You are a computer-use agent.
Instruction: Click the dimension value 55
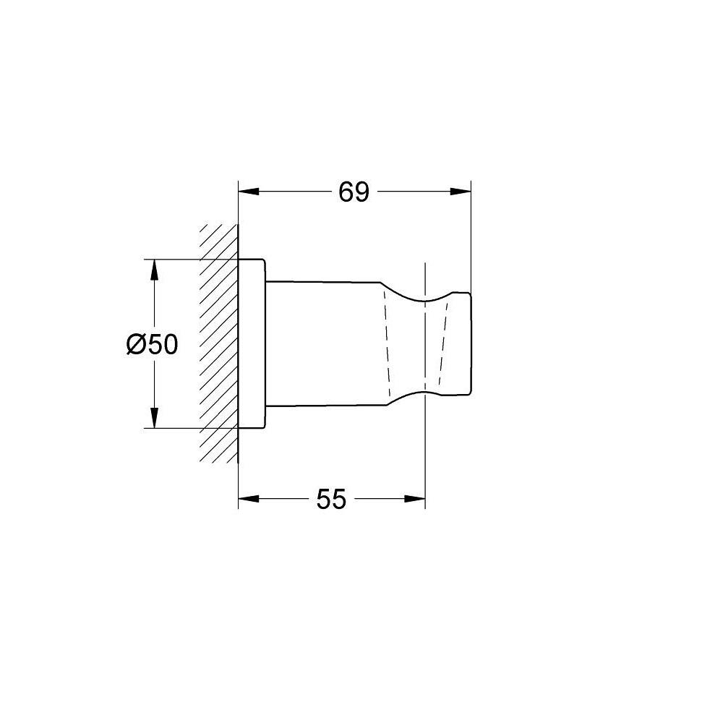331,499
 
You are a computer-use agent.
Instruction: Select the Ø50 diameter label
152,344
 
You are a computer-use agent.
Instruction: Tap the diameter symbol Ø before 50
137,344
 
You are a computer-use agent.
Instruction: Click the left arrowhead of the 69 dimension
249,192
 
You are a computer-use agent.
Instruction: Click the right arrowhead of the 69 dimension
460,192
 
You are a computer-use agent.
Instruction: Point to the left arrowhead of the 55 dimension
249,498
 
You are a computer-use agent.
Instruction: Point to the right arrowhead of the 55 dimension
414,498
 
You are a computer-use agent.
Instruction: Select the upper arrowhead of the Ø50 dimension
155,270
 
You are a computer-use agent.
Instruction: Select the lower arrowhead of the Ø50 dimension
155,418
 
